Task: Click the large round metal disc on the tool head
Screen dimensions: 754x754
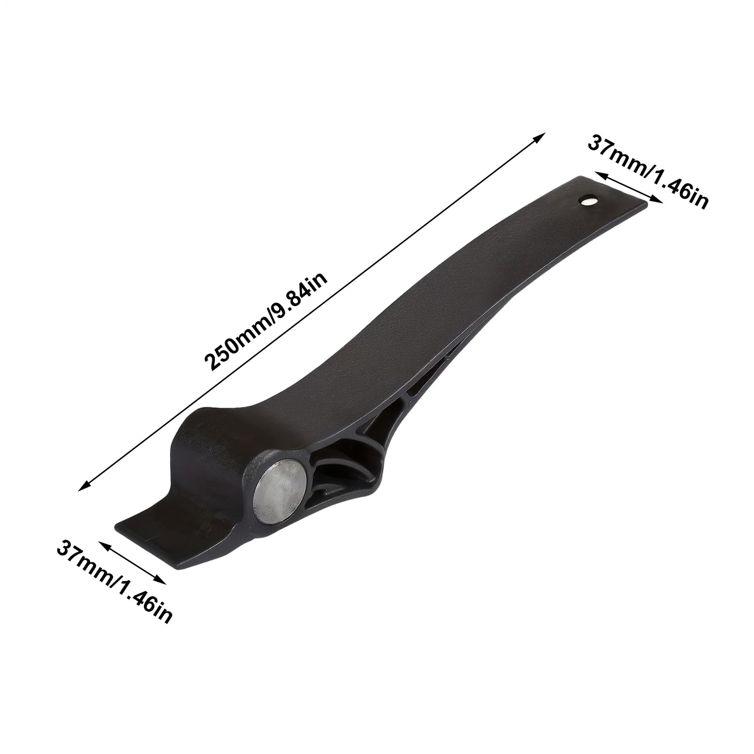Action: click(x=281, y=496)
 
